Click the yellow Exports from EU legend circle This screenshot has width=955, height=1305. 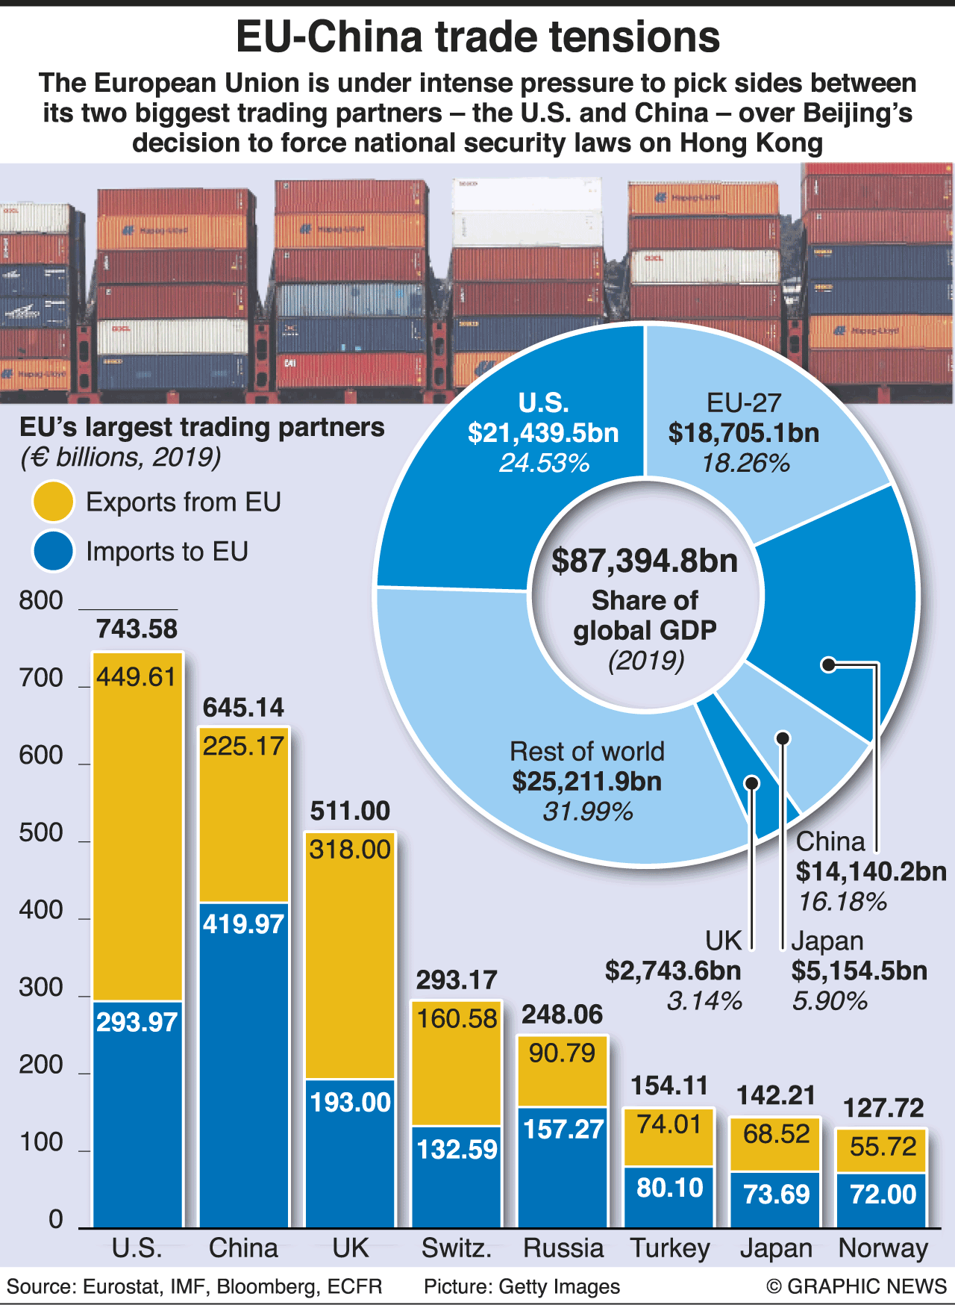point(53,501)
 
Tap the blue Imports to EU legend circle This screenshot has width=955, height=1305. point(53,551)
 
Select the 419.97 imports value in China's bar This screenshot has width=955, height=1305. point(243,924)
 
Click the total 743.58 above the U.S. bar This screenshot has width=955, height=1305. point(137,629)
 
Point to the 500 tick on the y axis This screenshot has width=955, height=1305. point(41,832)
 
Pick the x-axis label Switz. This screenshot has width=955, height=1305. point(457,1248)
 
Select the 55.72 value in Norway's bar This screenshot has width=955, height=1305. point(883,1146)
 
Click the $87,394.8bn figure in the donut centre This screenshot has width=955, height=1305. point(645,561)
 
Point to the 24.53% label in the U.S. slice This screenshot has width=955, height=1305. point(544,463)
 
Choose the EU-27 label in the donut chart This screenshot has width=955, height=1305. point(743,403)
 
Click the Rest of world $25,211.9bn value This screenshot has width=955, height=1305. point(587,781)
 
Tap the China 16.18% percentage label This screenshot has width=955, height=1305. point(842,902)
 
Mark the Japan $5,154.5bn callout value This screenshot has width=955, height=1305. point(859,971)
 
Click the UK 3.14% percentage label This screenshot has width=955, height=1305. point(704,1000)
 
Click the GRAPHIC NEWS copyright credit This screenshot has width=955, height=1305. point(856,1286)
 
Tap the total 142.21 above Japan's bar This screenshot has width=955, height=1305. point(776,1095)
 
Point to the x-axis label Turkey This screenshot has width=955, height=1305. point(670,1248)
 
